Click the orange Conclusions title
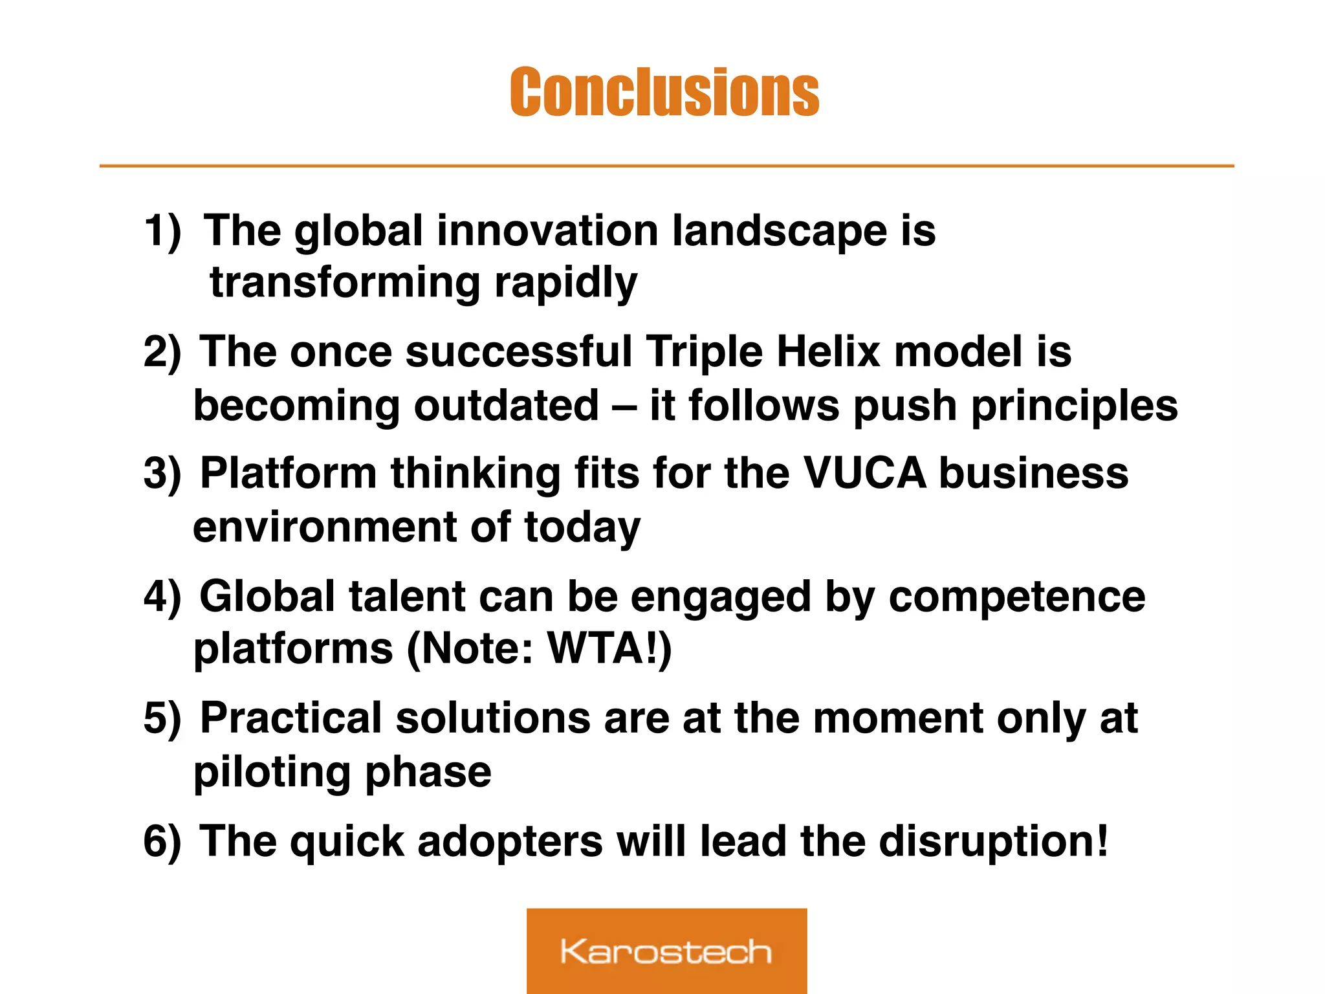664,93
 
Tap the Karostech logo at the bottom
666,951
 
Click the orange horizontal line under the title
666,166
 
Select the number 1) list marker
162,231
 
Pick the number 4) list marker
162,596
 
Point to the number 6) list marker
162,841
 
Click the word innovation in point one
547,230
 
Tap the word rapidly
566,283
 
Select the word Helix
828,352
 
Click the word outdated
506,406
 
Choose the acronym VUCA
864,473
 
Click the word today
582,527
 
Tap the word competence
1016,597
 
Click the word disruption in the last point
987,841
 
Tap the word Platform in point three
288,473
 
